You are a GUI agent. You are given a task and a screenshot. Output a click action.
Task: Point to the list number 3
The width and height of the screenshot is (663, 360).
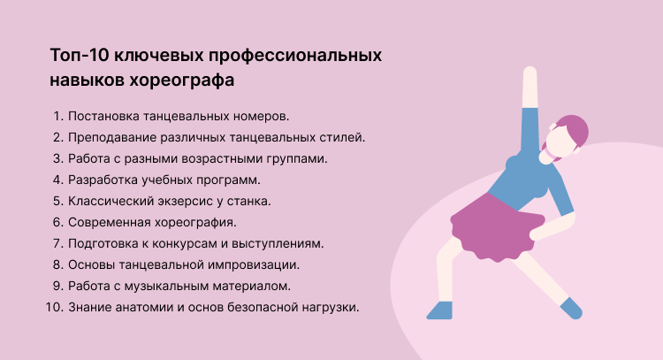(57, 158)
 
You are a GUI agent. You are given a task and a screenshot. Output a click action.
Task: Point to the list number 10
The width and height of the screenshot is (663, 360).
(53, 307)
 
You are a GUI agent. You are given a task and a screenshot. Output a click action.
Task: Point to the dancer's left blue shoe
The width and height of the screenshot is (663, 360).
(439, 309)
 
